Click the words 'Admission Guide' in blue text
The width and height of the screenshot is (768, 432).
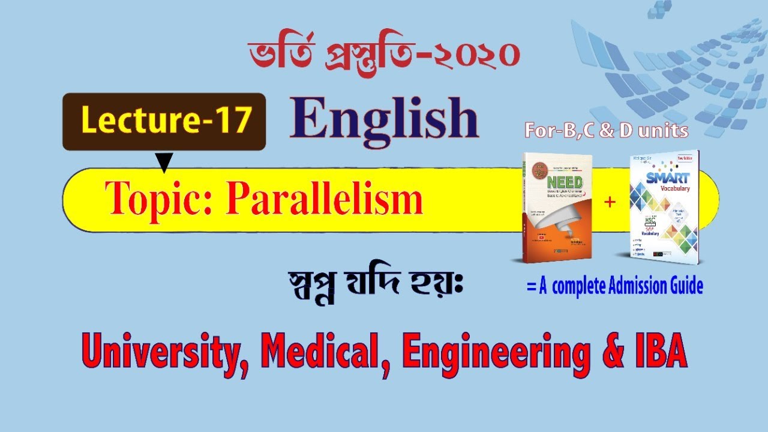tap(656, 287)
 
